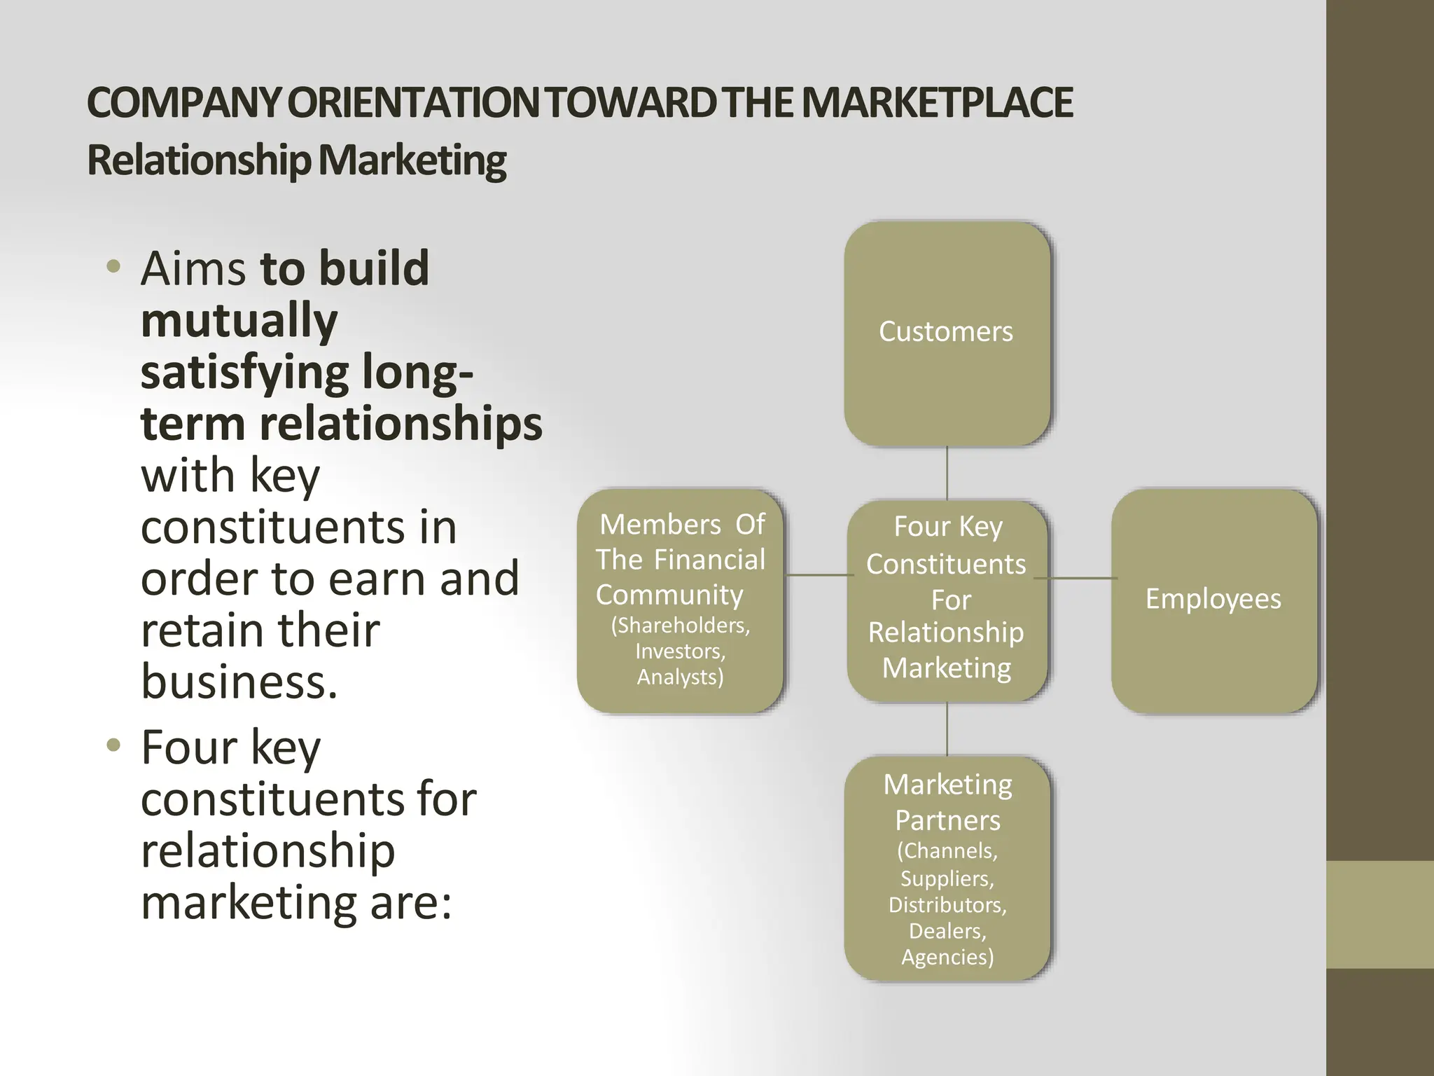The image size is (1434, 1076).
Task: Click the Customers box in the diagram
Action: (x=946, y=333)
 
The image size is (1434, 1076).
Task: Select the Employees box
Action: (x=1213, y=600)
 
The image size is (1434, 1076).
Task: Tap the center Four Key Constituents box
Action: (x=947, y=600)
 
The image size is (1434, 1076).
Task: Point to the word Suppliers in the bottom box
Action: (x=946, y=878)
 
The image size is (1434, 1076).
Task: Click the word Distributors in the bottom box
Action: (x=947, y=905)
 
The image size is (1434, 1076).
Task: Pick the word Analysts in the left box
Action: (x=680, y=677)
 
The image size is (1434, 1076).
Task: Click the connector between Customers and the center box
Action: (x=947, y=473)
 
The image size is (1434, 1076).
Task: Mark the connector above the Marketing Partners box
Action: (x=947, y=729)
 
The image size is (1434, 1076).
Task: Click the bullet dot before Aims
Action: (x=113, y=267)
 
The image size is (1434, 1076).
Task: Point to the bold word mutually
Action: (x=239, y=321)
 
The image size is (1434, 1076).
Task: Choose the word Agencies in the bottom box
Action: (x=947, y=958)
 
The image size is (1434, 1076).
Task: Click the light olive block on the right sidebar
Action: (x=1379, y=914)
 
